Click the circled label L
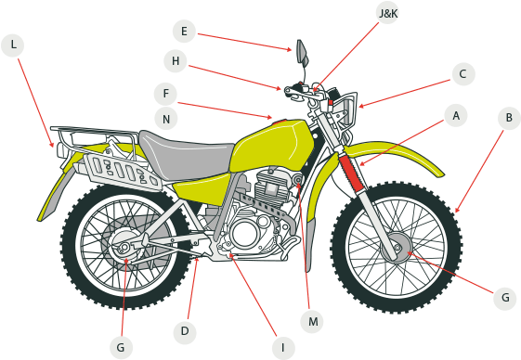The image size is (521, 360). [x=13, y=45]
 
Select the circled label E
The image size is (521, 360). [x=184, y=32]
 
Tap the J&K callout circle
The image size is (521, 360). [x=388, y=15]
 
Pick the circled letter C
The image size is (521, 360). [x=465, y=73]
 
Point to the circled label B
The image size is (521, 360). [x=507, y=118]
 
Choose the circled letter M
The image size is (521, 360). [x=313, y=321]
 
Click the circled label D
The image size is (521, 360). [x=185, y=329]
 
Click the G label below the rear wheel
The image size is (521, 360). [x=121, y=347]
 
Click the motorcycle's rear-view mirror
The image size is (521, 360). [x=301, y=51]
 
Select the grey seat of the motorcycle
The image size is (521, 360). [x=189, y=156]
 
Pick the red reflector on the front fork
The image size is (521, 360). [x=351, y=173]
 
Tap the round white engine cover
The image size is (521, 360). [x=244, y=234]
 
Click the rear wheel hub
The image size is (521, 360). [x=122, y=249]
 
